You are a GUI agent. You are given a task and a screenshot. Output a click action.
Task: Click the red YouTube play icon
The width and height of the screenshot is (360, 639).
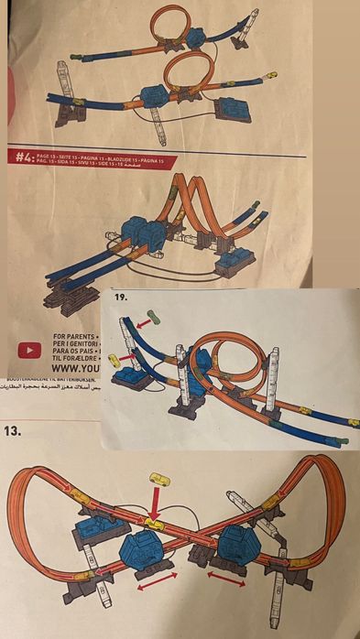pyautogui.click(x=29, y=349)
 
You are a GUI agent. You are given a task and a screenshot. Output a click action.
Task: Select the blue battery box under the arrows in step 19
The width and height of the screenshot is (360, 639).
pyautogui.click(x=127, y=383)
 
